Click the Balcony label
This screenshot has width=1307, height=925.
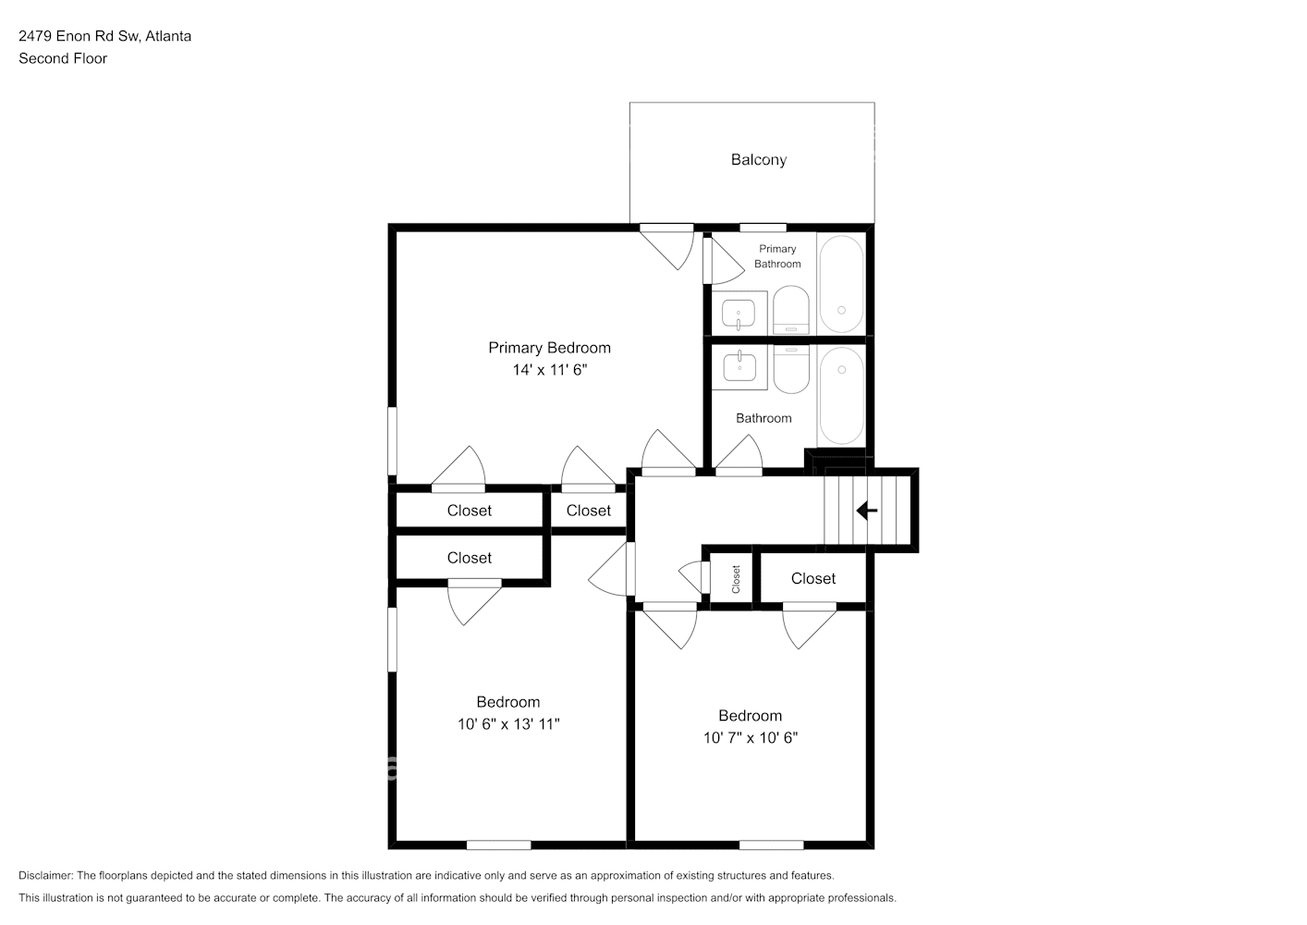[x=759, y=159]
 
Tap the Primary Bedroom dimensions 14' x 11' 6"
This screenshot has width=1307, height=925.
[x=550, y=370]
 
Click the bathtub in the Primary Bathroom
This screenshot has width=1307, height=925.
[x=841, y=284]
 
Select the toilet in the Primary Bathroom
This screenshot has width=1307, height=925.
[x=791, y=310]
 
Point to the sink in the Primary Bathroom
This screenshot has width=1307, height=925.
[x=739, y=314]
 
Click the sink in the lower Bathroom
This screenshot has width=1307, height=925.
[x=739, y=366]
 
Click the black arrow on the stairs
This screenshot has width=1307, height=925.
[x=867, y=511]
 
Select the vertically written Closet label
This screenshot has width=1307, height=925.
[x=736, y=579]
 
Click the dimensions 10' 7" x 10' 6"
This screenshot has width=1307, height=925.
[x=751, y=737]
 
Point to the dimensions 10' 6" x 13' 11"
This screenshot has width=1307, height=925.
[x=508, y=724]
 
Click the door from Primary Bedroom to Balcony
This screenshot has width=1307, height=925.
[x=667, y=248]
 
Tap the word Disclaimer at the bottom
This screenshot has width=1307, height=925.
[x=46, y=875]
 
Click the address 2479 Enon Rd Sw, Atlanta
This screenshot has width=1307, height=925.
[x=105, y=36]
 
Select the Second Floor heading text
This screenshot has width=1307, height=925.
[x=63, y=58]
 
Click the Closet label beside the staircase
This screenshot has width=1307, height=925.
[x=813, y=578]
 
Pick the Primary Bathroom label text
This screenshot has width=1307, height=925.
[x=777, y=256]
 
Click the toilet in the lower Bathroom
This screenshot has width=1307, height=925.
[x=792, y=369]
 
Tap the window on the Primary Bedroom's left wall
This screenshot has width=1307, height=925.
[x=393, y=441]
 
